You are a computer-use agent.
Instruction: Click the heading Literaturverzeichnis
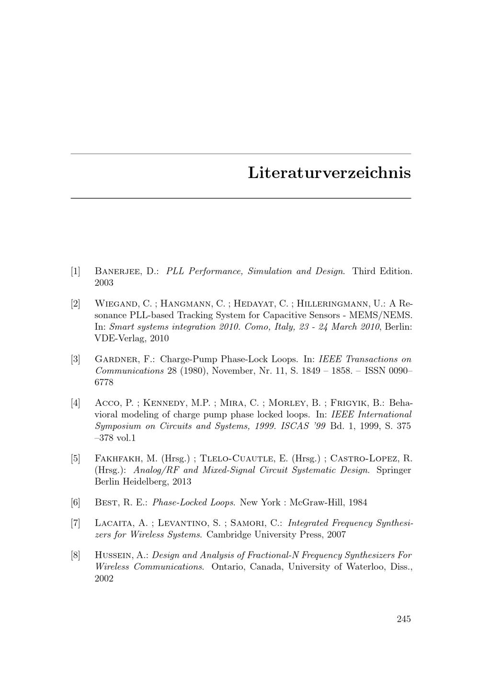coord(329,173)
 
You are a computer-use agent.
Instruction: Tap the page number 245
coord(404,619)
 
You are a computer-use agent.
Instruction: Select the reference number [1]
coord(75,271)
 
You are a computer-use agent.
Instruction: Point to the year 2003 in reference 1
coord(104,283)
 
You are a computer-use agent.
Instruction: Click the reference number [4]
coord(75,403)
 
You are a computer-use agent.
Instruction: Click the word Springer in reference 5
coord(394,470)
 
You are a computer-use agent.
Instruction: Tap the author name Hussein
coord(115,556)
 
